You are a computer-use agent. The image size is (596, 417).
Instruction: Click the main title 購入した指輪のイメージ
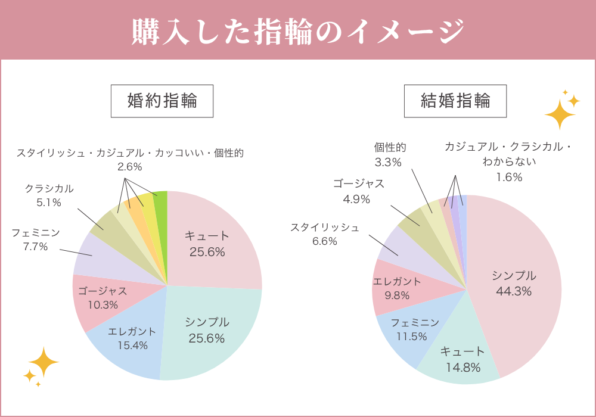(x=298, y=31)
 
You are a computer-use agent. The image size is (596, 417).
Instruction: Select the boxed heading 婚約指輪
(x=162, y=101)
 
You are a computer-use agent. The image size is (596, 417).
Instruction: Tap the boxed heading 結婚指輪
(x=455, y=101)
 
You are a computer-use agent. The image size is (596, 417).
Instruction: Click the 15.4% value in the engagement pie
(x=133, y=346)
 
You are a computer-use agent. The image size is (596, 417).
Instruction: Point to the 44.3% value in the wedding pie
(x=514, y=291)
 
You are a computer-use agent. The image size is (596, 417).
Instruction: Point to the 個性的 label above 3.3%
(x=390, y=147)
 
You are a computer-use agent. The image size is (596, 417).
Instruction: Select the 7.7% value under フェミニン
(x=35, y=247)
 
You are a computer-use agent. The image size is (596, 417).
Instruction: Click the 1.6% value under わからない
(x=509, y=177)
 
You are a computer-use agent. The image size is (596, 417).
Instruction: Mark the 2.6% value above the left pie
(x=129, y=167)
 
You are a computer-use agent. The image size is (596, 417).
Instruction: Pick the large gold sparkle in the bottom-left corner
(x=44, y=362)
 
